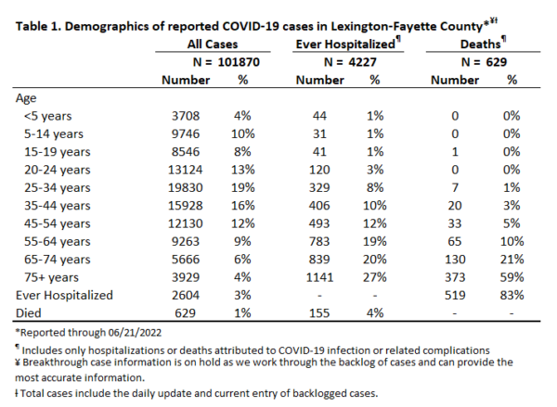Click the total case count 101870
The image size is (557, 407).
pyautogui.click(x=239, y=62)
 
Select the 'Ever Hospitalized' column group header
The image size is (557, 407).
pyautogui.click(x=345, y=45)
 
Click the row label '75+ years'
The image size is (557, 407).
pyautogui.click(x=51, y=277)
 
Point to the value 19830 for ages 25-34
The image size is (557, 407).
pyautogui.click(x=186, y=187)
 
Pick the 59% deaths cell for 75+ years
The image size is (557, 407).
pyautogui.click(x=512, y=277)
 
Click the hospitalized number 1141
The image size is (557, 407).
pyautogui.click(x=319, y=277)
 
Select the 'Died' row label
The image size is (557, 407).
pyautogui.click(x=29, y=313)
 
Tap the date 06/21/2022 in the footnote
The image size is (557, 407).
pyautogui.click(x=135, y=333)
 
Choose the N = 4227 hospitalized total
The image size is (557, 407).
pyautogui.click(x=350, y=62)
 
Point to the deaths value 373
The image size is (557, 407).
pyautogui.click(x=455, y=277)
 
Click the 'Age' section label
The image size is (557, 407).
pyautogui.click(x=26, y=98)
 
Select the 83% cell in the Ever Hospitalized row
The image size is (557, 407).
pyautogui.click(x=512, y=295)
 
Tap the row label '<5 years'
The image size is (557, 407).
pyautogui.click(x=47, y=116)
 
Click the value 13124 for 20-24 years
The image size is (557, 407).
pyautogui.click(x=186, y=170)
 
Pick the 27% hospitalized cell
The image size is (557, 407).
pyautogui.click(x=375, y=277)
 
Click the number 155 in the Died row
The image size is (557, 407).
pyautogui.click(x=319, y=313)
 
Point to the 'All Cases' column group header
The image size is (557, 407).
pyautogui.click(x=213, y=45)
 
